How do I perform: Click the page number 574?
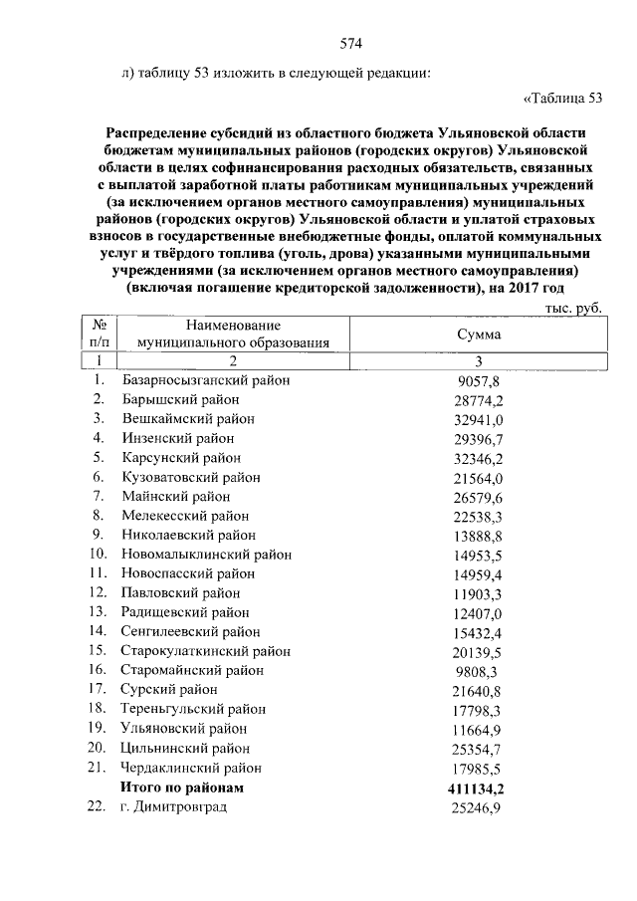tap(349, 43)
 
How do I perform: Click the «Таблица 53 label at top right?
tap(562, 98)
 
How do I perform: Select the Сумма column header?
tap(478, 335)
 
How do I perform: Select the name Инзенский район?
tap(178, 438)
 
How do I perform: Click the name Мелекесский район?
tap(186, 516)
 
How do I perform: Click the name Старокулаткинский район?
tap(206, 651)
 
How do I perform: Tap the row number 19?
tap(98, 729)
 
